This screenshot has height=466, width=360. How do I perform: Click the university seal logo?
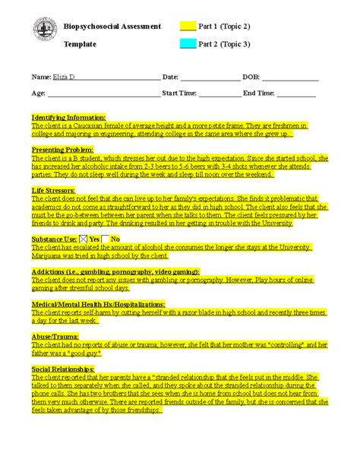coord(45,30)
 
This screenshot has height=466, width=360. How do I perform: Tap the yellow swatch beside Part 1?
coord(188,26)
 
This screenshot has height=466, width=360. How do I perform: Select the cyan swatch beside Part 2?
coord(188,43)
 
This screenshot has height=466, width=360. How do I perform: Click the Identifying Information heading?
coord(68,118)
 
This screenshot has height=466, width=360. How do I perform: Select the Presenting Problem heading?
coord(62,151)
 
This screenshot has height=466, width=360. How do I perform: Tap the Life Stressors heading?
coord(53,190)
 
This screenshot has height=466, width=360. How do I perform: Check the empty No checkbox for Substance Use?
coord(106,239)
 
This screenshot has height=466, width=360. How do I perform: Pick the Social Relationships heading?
coord(63,369)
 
